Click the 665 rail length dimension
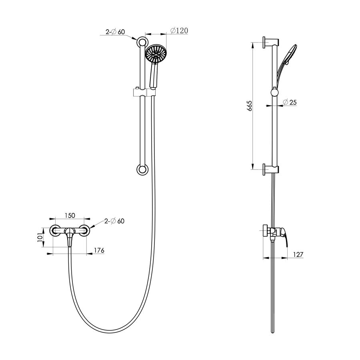pos(250,106)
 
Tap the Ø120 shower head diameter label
pos(179,30)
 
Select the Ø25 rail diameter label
pos(290,102)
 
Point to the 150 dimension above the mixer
pos(70,215)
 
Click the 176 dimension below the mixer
pos(99,250)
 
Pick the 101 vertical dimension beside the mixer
pos(40,237)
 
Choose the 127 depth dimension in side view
pos(298,254)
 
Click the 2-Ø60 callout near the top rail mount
pos(115,32)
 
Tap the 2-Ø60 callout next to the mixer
pos(114,221)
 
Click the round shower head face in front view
pos(156,54)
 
